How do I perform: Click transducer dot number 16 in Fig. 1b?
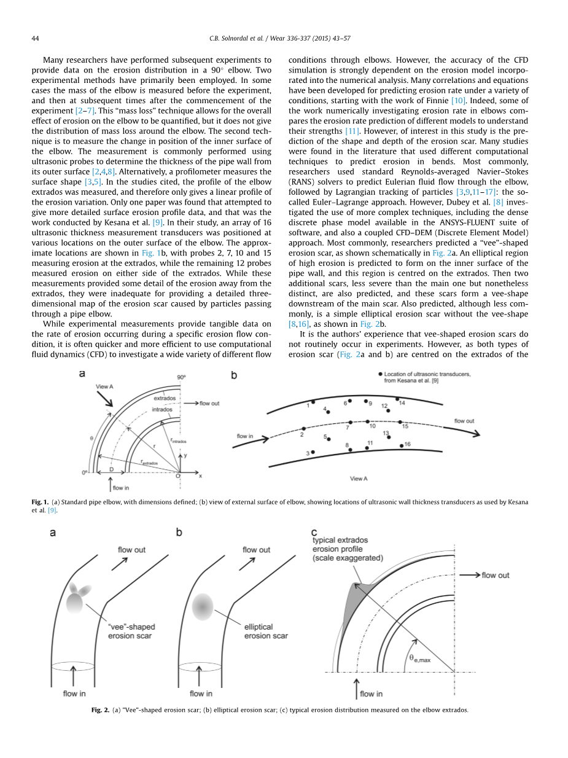point(402,445)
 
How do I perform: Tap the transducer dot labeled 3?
point(313,452)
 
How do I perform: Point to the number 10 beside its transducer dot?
point(372,426)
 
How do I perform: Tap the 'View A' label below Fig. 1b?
point(359,479)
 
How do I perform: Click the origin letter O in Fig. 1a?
point(178,476)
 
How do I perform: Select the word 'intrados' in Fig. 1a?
point(162,408)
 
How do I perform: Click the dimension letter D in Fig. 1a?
point(111,469)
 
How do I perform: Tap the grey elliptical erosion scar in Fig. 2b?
point(203,607)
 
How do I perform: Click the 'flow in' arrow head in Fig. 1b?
point(266,439)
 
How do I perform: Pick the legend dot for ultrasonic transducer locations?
point(381,374)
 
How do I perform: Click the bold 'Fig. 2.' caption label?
point(100,710)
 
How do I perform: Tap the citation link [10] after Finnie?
point(458,100)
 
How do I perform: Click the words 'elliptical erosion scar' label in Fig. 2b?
point(266,631)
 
